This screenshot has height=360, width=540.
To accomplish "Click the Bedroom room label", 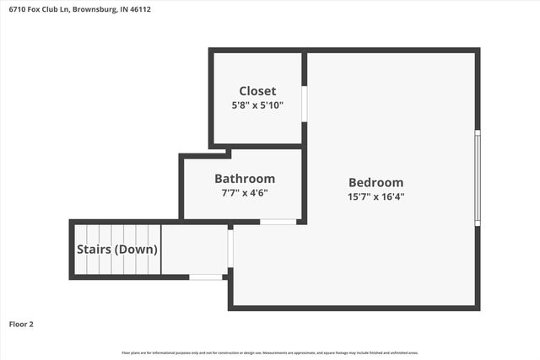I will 376,182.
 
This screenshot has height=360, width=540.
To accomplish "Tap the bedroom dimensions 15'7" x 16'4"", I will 376,196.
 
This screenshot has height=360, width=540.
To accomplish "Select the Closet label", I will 257,91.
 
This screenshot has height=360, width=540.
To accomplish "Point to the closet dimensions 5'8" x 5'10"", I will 257,105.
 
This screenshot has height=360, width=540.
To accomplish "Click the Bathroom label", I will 245,179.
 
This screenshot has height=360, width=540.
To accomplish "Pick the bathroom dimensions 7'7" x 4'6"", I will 245,192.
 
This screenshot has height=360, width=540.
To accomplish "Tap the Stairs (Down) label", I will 117,250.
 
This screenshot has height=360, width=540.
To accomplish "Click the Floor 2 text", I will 21,323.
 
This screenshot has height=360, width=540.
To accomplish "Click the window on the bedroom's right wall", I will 477,177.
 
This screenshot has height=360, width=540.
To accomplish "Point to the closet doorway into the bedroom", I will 305,104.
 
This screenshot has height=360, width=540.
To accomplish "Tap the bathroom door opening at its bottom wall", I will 278,222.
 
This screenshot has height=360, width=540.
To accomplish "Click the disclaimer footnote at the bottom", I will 270,352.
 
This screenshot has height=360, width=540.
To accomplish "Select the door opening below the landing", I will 205,277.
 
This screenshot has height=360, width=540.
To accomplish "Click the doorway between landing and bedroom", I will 229,248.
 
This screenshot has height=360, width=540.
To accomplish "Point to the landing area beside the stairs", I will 194,250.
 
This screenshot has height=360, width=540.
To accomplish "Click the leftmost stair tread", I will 81,250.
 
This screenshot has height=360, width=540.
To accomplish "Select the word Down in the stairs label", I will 140,250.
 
